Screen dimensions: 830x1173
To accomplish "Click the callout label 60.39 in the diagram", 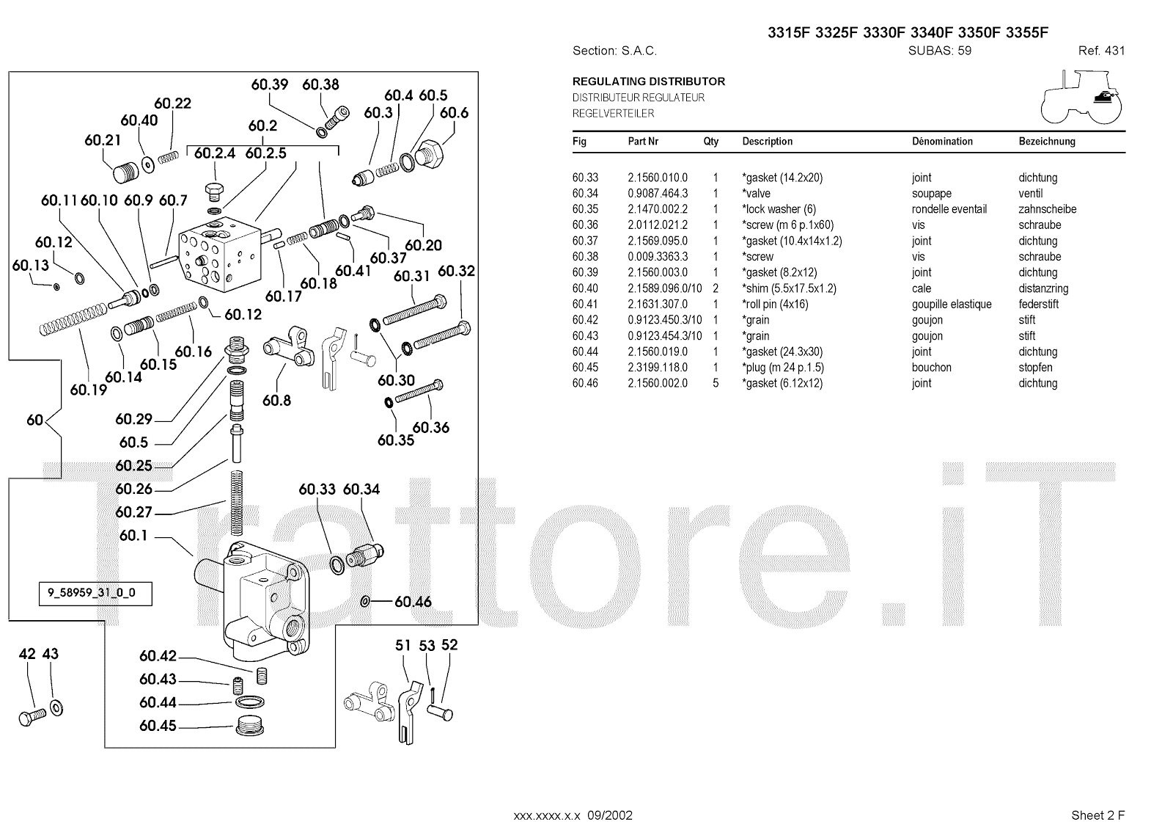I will [269, 84].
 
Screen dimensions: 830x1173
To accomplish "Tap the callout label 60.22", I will [172, 103].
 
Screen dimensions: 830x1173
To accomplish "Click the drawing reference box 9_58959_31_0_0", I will [95, 593].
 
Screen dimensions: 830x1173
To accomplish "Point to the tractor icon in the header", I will [1081, 98].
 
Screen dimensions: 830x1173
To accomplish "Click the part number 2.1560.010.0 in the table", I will [658, 178].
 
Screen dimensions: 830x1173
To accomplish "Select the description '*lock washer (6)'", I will [779, 209].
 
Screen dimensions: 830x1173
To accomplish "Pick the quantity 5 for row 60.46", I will [716, 383].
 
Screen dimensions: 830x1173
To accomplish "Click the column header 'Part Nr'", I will [643, 142].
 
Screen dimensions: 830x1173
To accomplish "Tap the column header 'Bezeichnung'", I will [1046, 142].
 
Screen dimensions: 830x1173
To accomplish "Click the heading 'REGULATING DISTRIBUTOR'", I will [649, 81].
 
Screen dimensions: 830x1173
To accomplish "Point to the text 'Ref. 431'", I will [1101, 51].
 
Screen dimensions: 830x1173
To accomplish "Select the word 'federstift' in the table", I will [1038, 304].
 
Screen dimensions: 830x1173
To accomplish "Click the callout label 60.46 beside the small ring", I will [413, 602].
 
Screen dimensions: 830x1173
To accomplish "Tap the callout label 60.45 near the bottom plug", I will [158, 726].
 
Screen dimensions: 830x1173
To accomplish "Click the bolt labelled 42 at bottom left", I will [31, 716].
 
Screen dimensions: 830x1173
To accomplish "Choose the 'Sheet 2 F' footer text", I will [1097, 815].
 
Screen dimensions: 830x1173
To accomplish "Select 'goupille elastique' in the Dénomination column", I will [952, 304].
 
